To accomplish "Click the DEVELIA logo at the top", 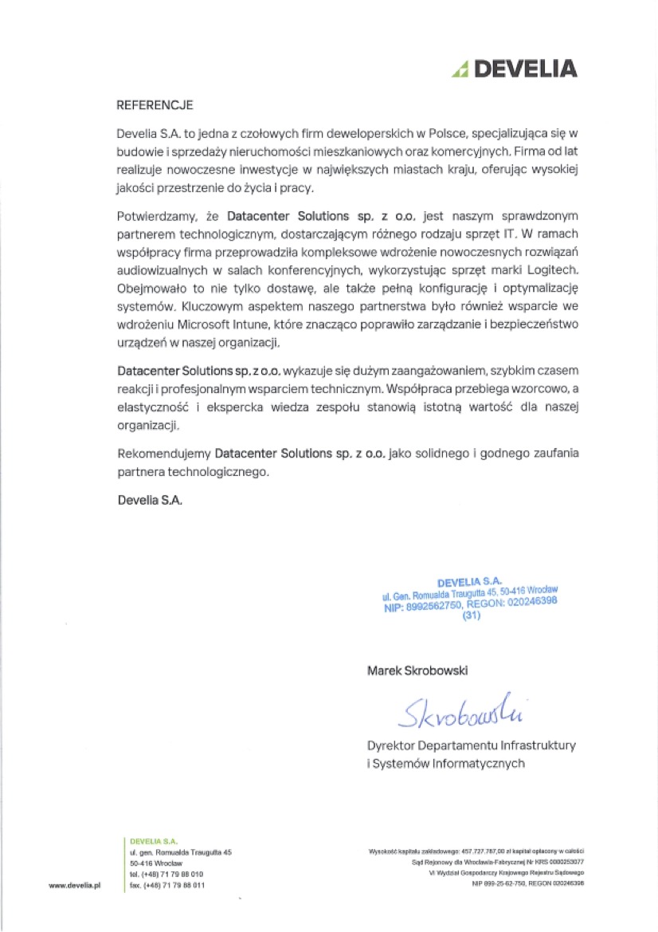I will pos(513,69).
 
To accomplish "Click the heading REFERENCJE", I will pos(155,104).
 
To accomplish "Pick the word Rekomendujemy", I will pos(163,453).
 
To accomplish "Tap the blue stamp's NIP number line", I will pos(470,605).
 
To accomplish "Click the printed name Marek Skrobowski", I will pos(417,670).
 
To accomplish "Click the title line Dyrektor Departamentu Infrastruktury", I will pos(471,746).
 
